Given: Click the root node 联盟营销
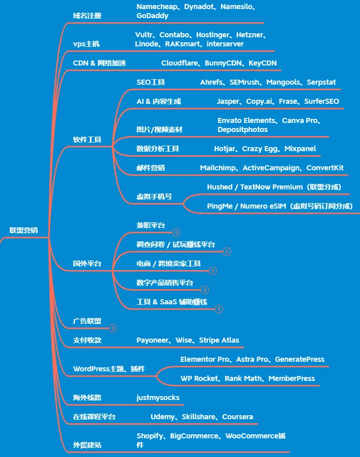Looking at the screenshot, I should [x=24, y=230].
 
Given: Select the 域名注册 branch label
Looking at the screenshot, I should [x=87, y=16].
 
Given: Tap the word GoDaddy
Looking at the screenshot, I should [x=152, y=16].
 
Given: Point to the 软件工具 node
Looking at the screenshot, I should [x=87, y=140].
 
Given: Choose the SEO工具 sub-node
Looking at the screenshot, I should [x=150, y=82].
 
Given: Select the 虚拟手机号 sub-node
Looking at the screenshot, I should [x=154, y=196].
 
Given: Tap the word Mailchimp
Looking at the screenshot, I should [x=219, y=168].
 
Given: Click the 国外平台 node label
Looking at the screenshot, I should [x=87, y=264].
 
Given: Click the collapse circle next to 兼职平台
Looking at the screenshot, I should [x=176, y=232].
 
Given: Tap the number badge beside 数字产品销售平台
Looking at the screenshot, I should [x=204, y=290].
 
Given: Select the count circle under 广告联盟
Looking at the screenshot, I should [x=113, y=328].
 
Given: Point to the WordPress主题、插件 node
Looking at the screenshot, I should [x=108, y=369].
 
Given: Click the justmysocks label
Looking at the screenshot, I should [x=158, y=398].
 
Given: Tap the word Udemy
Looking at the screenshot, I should [x=162, y=417].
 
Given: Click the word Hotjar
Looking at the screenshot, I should [x=225, y=149].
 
